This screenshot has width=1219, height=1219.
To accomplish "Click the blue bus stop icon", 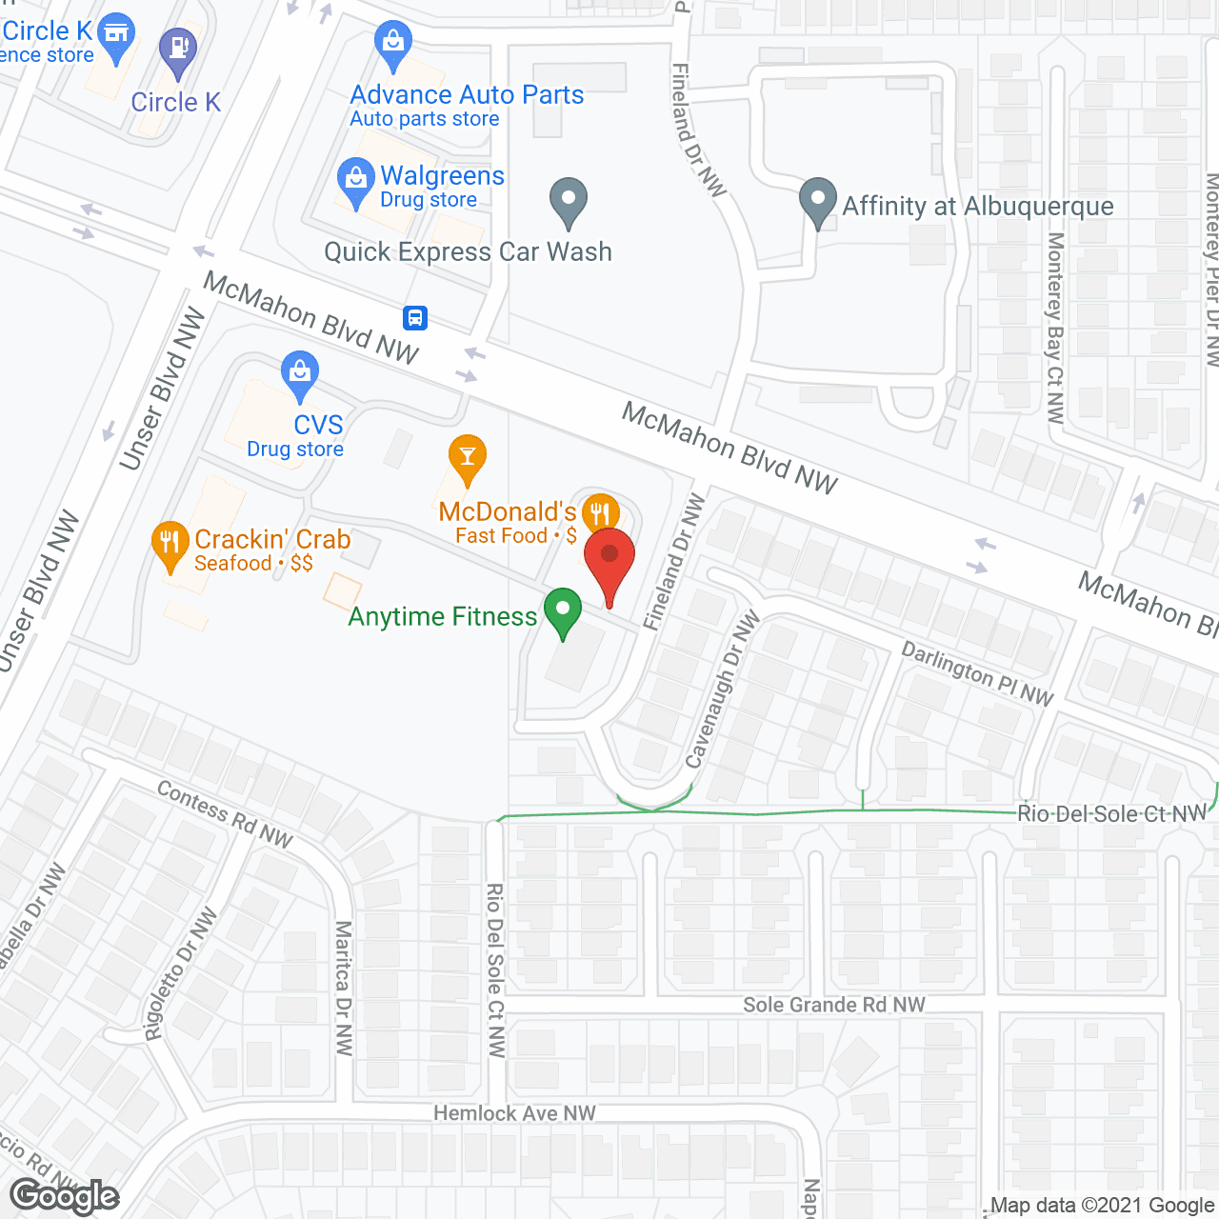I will coord(415,318).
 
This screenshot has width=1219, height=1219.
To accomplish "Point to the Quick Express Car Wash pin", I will coord(569,202).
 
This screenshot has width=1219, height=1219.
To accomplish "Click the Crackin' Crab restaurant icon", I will coord(170,546).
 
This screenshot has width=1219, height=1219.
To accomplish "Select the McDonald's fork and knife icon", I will coord(599,515).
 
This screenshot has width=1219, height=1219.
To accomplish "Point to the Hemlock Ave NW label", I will coord(514,1113).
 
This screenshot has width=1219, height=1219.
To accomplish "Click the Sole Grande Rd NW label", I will coord(834,1005).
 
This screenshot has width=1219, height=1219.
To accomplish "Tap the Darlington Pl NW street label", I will coord(977,674).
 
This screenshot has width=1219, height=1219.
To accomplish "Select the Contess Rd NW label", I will coord(225,814).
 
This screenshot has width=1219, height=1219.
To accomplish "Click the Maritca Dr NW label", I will coord(344,988).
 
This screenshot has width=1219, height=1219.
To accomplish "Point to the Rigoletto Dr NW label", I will coord(180,974).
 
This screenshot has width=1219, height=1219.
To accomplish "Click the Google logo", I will coord(65,1197).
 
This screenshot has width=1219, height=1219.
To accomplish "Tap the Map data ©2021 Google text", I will coord(1102,1206).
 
